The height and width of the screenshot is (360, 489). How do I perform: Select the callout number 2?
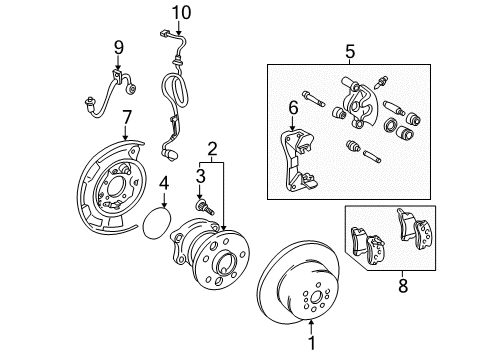(x=211, y=151)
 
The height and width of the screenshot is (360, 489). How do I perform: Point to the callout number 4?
(x=163, y=183)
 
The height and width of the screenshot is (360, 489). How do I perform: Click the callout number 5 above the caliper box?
(x=349, y=49)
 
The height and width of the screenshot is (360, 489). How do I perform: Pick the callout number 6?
(x=293, y=106)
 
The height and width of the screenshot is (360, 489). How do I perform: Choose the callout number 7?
(x=126, y=119)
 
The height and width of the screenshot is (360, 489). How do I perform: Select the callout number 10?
(x=180, y=12)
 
